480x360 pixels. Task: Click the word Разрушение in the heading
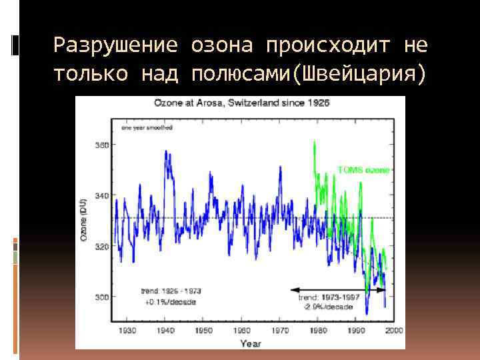pyautogui.click(x=115, y=45)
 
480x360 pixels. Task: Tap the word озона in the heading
pyautogui.click(x=222, y=45)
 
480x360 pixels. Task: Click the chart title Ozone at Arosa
pyautogui.click(x=241, y=103)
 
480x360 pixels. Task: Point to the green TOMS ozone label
pyautogui.click(x=363, y=170)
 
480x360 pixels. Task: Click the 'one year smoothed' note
pyautogui.click(x=146, y=127)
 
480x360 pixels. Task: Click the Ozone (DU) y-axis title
pyautogui.click(x=84, y=220)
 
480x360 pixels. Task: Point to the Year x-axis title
pyautogui.click(x=251, y=343)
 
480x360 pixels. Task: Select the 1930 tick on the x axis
pyautogui.click(x=127, y=331)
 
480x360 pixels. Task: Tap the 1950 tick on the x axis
pyautogui.click(x=205, y=331)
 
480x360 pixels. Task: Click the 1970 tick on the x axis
pyautogui.click(x=281, y=331)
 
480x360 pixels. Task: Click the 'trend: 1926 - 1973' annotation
pyautogui.click(x=171, y=291)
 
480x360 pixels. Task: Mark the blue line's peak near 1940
pyautogui.click(x=165, y=151)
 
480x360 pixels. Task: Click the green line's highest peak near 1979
pyautogui.click(x=314, y=141)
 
